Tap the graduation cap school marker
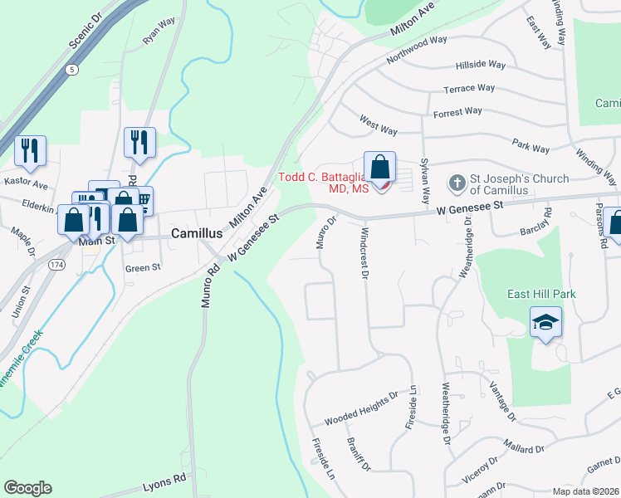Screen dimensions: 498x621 coord(545,322)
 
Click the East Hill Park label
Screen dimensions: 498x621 coord(542,295)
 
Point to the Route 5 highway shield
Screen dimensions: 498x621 coord(74,71)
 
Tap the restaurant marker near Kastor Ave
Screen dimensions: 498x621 coord(30,151)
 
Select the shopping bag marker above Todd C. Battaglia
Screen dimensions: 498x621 coord(379,168)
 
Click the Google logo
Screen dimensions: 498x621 coord(27,489)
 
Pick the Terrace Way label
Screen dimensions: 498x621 coord(469,88)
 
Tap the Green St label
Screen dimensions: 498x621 coord(142,268)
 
